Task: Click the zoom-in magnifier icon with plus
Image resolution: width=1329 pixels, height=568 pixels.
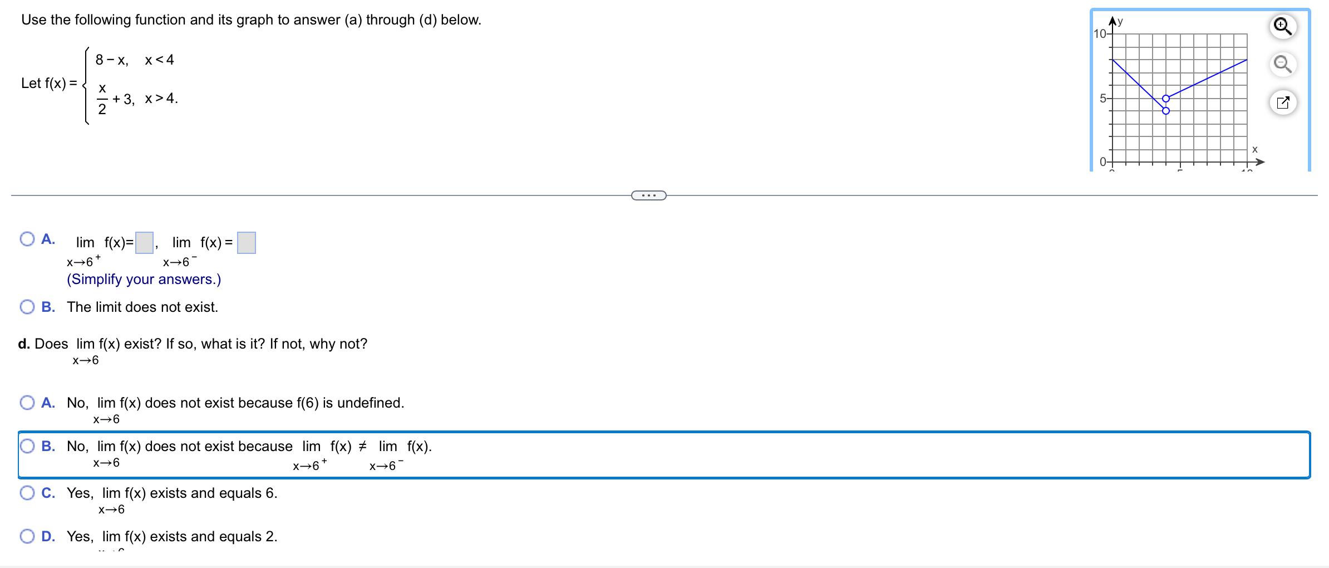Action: [1282, 27]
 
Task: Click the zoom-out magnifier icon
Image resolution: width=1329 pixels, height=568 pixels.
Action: [1282, 65]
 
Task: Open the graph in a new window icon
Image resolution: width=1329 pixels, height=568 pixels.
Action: [1282, 102]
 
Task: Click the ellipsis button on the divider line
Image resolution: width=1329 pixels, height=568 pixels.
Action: [648, 195]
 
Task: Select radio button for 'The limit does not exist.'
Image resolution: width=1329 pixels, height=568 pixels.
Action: [27, 307]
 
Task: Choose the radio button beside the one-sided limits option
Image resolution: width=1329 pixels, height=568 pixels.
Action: [27, 239]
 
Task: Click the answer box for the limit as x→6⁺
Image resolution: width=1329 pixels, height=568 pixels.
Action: [144, 243]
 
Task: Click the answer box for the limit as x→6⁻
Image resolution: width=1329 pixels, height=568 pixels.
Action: [247, 243]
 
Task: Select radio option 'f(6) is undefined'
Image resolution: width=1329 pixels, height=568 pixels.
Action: [27, 403]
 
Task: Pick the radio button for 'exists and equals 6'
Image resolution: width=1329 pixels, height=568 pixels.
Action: [27, 493]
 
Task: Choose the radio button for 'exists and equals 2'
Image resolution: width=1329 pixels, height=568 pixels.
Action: [27, 536]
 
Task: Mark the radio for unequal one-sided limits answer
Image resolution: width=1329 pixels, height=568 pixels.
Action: [27, 446]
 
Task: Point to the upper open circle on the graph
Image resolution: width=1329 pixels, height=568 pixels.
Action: [1166, 99]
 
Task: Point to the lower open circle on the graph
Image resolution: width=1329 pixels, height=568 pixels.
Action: [1166, 111]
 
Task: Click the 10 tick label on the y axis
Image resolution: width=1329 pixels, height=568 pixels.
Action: [1100, 33]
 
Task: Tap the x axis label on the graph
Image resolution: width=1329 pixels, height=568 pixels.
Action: [1254, 149]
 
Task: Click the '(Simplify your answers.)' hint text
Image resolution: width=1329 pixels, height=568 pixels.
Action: [144, 279]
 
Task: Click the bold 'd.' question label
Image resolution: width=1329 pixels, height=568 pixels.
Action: [23, 344]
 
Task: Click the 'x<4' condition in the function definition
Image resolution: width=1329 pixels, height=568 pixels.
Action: [159, 60]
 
